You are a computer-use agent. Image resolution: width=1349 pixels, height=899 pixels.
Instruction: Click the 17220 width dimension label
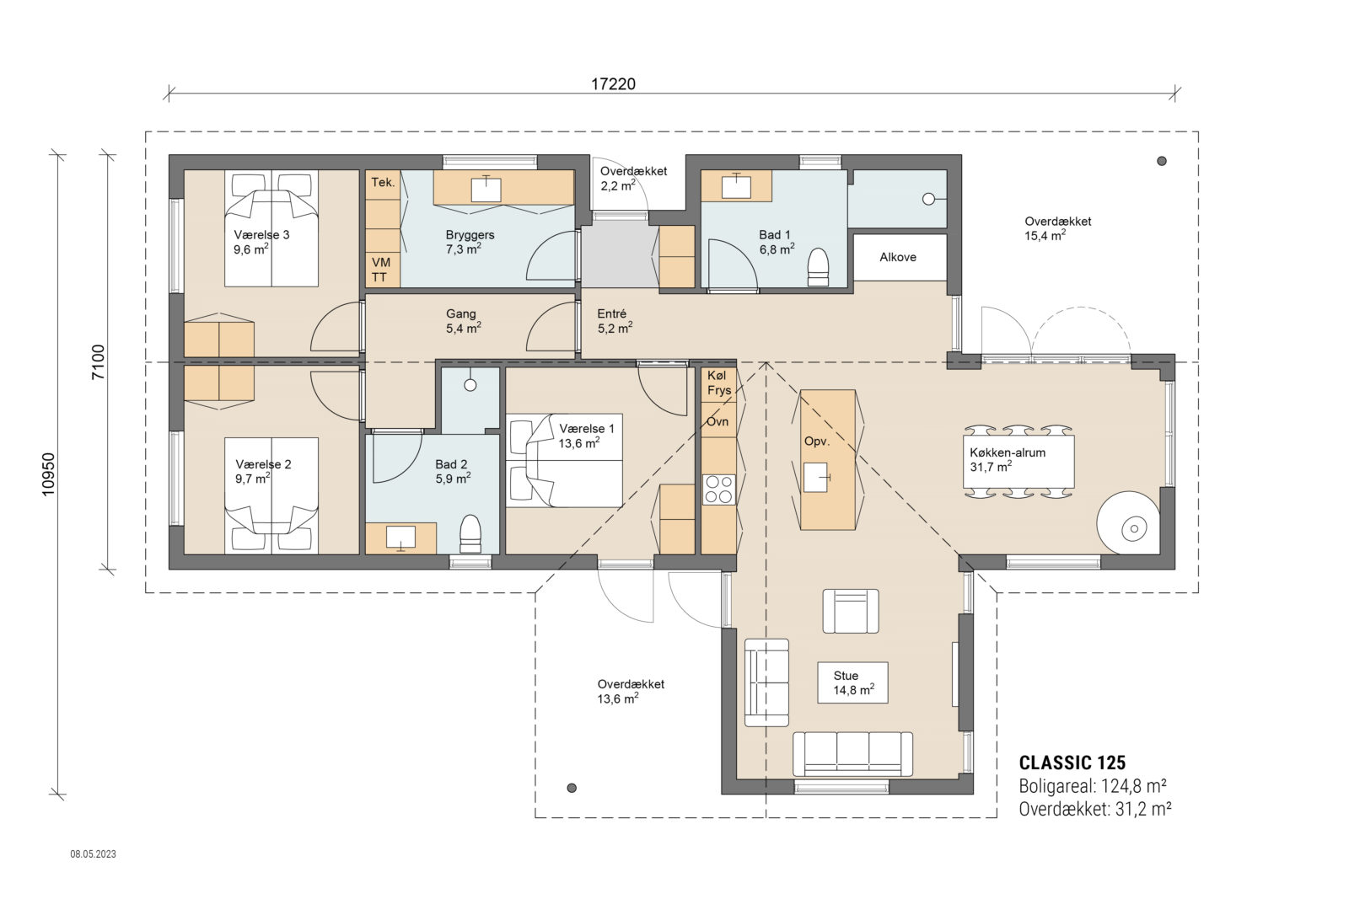pyautogui.click(x=613, y=83)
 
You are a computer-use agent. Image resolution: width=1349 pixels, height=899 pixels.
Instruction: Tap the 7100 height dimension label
pyautogui.click(x=99, y=362)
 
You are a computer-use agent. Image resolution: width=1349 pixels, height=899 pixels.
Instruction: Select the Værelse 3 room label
pyautogui.click(x=261, y=235)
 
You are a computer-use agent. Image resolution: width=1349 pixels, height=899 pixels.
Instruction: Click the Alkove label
pyautogui.click(x=898, y=257)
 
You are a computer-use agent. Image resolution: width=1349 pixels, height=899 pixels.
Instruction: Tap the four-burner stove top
pyautogui.click(x=719, y=490)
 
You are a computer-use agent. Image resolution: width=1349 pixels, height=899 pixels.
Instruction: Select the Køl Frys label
pyautogui.click(x=719, y=383)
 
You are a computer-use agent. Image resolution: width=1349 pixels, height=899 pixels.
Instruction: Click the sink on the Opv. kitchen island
pyautogui.click(x=815, y=477)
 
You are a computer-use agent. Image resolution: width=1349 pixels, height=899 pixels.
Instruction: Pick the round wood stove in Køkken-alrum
pyautogui.click(x=1133, y=528)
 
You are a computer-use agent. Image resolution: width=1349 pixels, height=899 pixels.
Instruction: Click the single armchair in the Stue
pyautogui.click(x=850, y=611)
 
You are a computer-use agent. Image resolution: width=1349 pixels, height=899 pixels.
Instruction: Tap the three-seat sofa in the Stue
pyautogui.click(x=853, y=753)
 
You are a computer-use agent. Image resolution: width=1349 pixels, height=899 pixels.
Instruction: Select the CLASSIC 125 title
pyautogui.click(x=1072, y=763)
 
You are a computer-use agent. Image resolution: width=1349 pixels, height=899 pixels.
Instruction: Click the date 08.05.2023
pyautogui.click(x=93, y=854)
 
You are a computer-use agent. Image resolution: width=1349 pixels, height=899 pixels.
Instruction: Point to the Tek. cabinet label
pyautogui.click(x=383, y=182)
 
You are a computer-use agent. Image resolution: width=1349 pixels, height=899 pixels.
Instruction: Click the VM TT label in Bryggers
pyautogui.click(x=380, y=270)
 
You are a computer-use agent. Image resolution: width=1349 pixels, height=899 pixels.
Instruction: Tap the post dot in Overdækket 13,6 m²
pyautogui.click(x=572, y=788)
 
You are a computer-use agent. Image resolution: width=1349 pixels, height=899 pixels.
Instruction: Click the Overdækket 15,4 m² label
pyautogui.click(x=1057, y=228)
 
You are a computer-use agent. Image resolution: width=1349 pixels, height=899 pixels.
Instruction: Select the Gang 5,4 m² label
pyautogui.click(x=462, y=321)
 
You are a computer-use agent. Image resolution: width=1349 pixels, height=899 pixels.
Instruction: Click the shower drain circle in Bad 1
pyautogui.click(x=928, y=199)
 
